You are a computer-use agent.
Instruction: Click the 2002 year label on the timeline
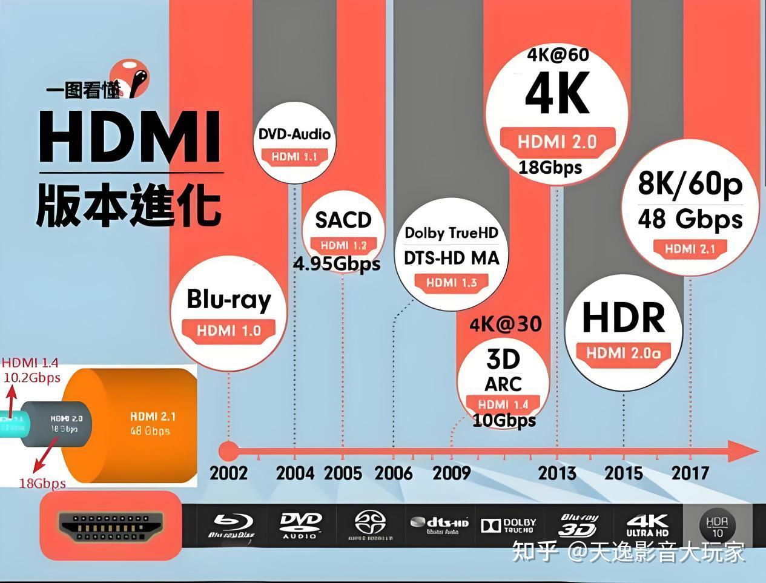pyautogui.click(x=228, y=473)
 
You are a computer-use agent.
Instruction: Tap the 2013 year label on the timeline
pyautogui.click(x=556, y=473)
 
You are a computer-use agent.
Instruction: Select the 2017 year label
pyautogui.click(x=690, y=473)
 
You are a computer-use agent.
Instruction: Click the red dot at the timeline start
pyautogui.click(x=228, y=451)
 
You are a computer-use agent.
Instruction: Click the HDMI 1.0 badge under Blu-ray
pyautogui.click(x=229, y=331)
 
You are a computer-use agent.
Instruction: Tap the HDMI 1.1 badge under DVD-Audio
pyautogui.click(x=294, y=157)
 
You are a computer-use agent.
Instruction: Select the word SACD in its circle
pyautogui.click(x=343, y=220)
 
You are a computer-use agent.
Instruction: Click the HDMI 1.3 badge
pyautogui.click(x=451, y=283)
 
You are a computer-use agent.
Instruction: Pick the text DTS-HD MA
pyautogui.click(x=451, y=259)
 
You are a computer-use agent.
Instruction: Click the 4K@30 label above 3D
pyautogui.click(x=505, y=324)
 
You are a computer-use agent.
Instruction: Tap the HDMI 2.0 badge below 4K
pyautogui.click(x=557, y=142)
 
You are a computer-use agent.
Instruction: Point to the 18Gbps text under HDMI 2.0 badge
pyautogui.click(x=550, y=167)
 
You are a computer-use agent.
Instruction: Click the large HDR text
pyautogui.click(x=623, y=318)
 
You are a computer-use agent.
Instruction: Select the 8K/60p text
pyautogui.click(x=690, y=183)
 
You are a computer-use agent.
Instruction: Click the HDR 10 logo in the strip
pyautogui.click(x=717, y=525)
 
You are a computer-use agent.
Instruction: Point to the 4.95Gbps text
pyautogui.click(x=337, y=263)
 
